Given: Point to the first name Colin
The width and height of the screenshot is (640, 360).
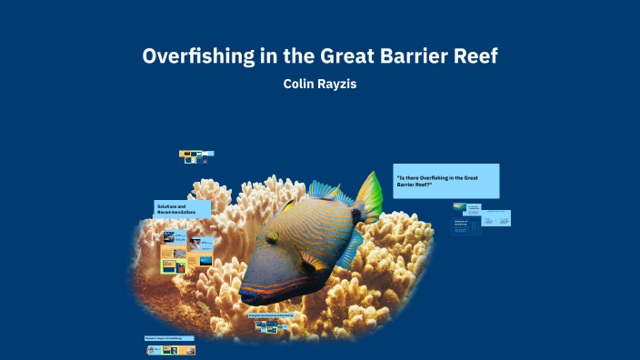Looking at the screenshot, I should tap(302, 84).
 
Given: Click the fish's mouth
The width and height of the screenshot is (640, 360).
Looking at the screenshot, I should tap(246, 296).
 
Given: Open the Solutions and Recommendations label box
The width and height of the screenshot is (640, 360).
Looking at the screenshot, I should tap(182, 208).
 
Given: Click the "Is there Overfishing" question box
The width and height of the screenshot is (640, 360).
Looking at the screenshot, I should tap(445, 180).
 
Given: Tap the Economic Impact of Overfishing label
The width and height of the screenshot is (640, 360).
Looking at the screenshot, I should tap(169, 338).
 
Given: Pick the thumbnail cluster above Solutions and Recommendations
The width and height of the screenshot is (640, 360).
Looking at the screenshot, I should tap(195, 156).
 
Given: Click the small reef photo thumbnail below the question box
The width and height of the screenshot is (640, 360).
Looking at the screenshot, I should tap(459, 206).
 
